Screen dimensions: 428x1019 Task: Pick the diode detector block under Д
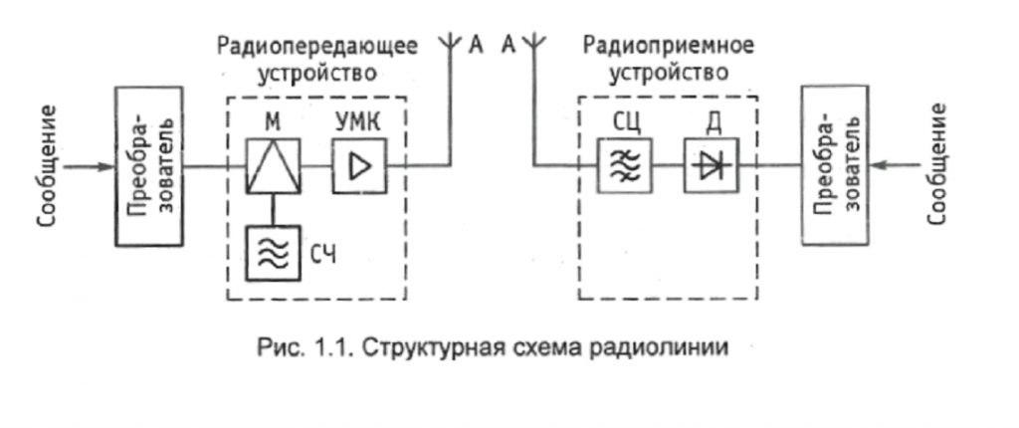point(710,165)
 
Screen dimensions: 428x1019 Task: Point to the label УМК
point(355,120)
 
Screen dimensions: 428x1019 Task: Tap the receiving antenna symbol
point(533,45)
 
